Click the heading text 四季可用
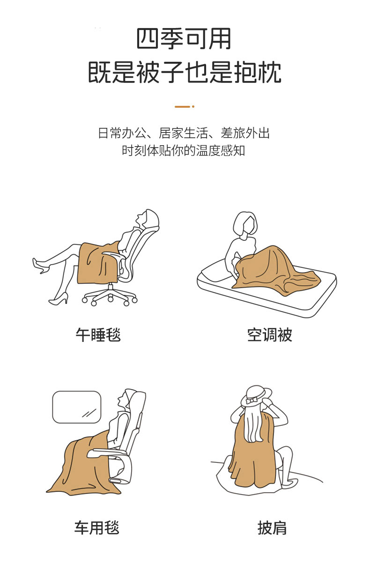click(x=184, y=39)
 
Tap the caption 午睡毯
click(x=98, y=335)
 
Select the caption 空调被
click(x=270, y=335)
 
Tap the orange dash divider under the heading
click(x=185, y=107)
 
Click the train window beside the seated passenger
click(x=77, y=407)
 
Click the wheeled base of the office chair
click(x=110, y=296)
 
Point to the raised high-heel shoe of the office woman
click(x=40, y=266)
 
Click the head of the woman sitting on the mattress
click(x=245, y=223)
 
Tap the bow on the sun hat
click(x=252, y=400)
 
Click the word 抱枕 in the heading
click(x=258, y=73)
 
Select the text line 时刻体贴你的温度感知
click(x=184, y=150)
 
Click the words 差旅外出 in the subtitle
click(x=245, y=133)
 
